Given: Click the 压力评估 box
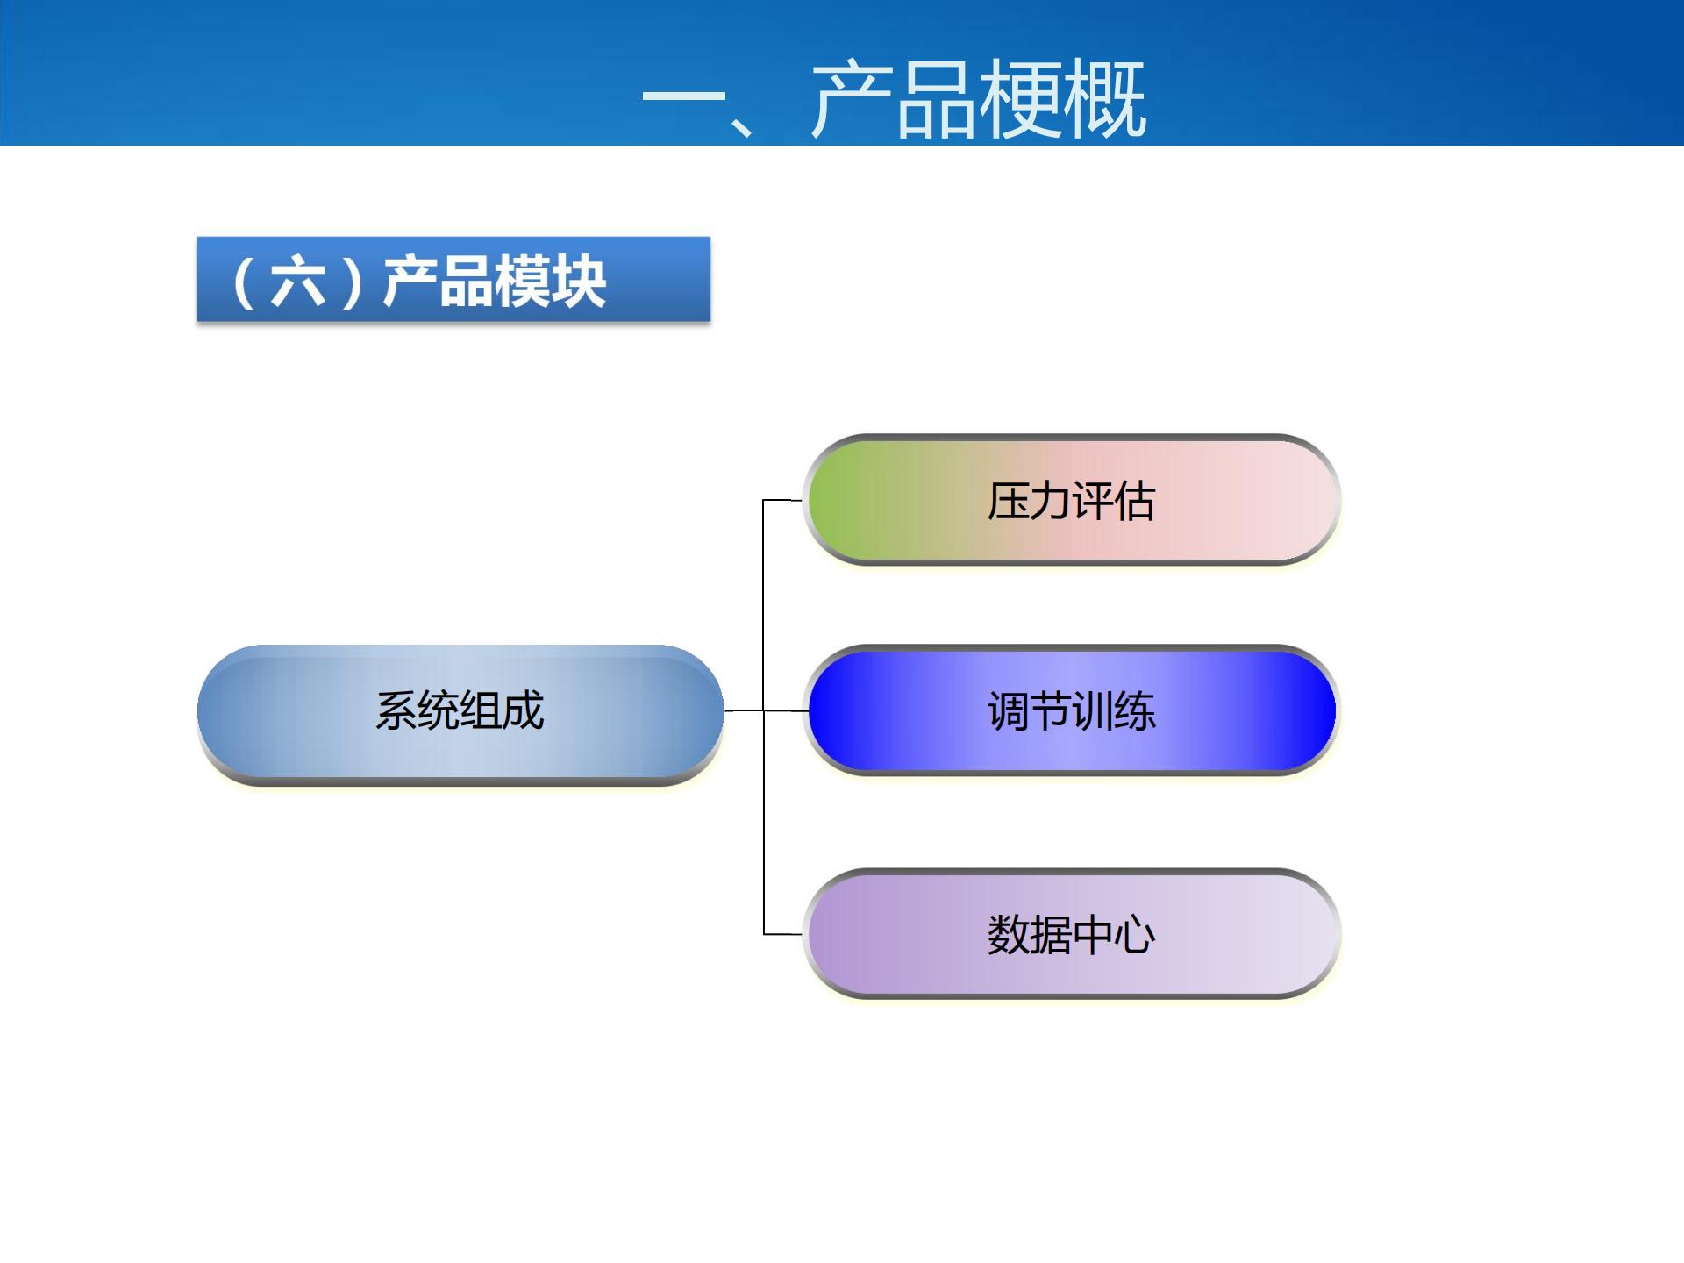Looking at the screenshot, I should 1071,500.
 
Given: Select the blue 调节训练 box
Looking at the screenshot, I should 1071,710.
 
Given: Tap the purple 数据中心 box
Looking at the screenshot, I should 1071,934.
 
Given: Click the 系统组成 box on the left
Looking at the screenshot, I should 460,710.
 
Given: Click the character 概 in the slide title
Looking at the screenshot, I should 1104,99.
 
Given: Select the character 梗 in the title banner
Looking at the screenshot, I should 1020,99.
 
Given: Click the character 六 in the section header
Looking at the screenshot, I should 298,282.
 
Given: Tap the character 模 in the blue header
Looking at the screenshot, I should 521,282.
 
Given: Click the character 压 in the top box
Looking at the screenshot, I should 1008,502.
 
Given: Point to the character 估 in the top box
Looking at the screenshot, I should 1134,502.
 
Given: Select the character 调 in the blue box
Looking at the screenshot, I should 1008,711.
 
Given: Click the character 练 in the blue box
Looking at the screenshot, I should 1135,711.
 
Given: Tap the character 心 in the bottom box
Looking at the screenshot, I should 1135,935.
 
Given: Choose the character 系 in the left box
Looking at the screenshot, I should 396,710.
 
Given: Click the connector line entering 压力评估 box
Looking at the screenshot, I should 782,500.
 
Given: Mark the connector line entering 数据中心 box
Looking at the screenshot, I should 782,934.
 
